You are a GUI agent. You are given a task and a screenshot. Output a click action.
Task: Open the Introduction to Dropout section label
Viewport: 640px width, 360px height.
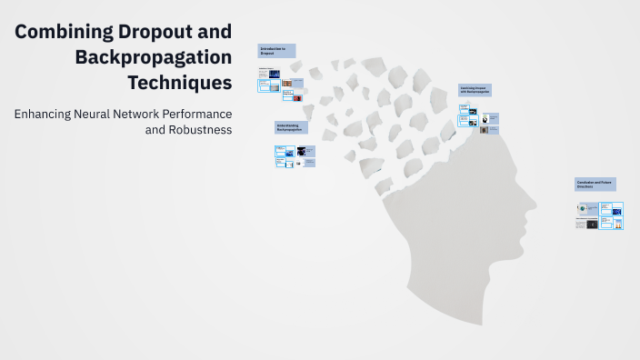point(277,51)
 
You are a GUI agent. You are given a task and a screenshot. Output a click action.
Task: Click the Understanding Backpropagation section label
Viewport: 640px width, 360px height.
point(292,127)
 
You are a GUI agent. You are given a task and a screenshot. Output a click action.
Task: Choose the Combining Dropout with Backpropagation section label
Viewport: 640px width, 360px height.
point(477,91)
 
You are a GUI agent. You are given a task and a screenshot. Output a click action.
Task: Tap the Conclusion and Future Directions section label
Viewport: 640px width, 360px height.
point(595,184)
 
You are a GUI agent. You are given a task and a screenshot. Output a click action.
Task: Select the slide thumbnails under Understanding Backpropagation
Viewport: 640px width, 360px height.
point(295,156)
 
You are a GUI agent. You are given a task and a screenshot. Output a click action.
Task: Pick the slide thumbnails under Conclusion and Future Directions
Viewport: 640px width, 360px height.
point(599,215)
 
